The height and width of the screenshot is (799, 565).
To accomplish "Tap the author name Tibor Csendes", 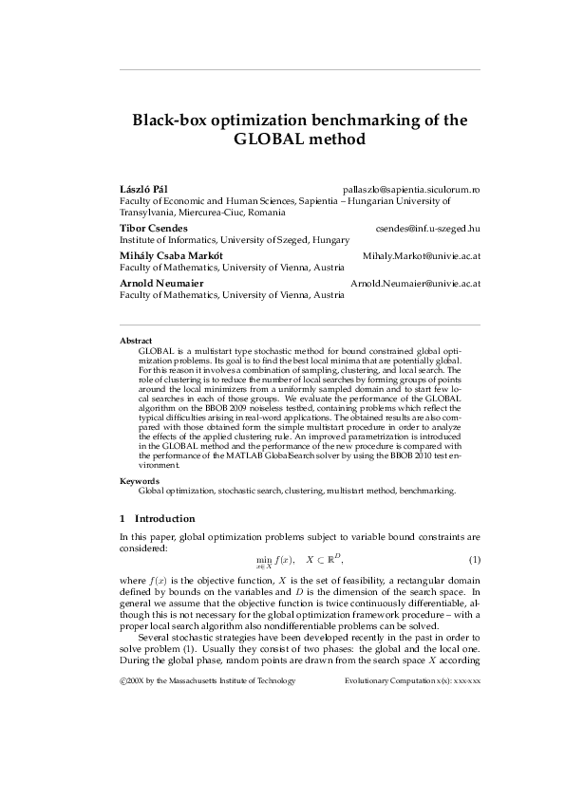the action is [x=153, y=229].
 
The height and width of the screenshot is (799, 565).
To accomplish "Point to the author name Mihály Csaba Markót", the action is [x=173, y=256].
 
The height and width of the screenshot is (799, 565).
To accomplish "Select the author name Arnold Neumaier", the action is [x=160, y=283].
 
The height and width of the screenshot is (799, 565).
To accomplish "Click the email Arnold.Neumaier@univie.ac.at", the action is [x=415, y=283].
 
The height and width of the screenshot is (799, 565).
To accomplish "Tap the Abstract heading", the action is [x=136, y=340].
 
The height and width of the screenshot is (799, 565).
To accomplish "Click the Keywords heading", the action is [x=139, y=481].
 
